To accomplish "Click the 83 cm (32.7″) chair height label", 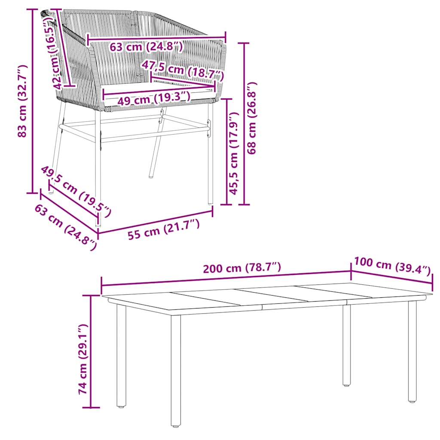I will click(x=22, y=101).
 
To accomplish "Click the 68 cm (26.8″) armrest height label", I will click(x=252, y=118).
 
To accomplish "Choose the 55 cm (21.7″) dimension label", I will click(x=163, y=231).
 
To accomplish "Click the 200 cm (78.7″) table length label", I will click(x=242, y=268).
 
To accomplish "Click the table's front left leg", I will click(x=175, y=370).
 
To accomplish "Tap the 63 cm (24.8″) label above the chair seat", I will click(x=146, y=46).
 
